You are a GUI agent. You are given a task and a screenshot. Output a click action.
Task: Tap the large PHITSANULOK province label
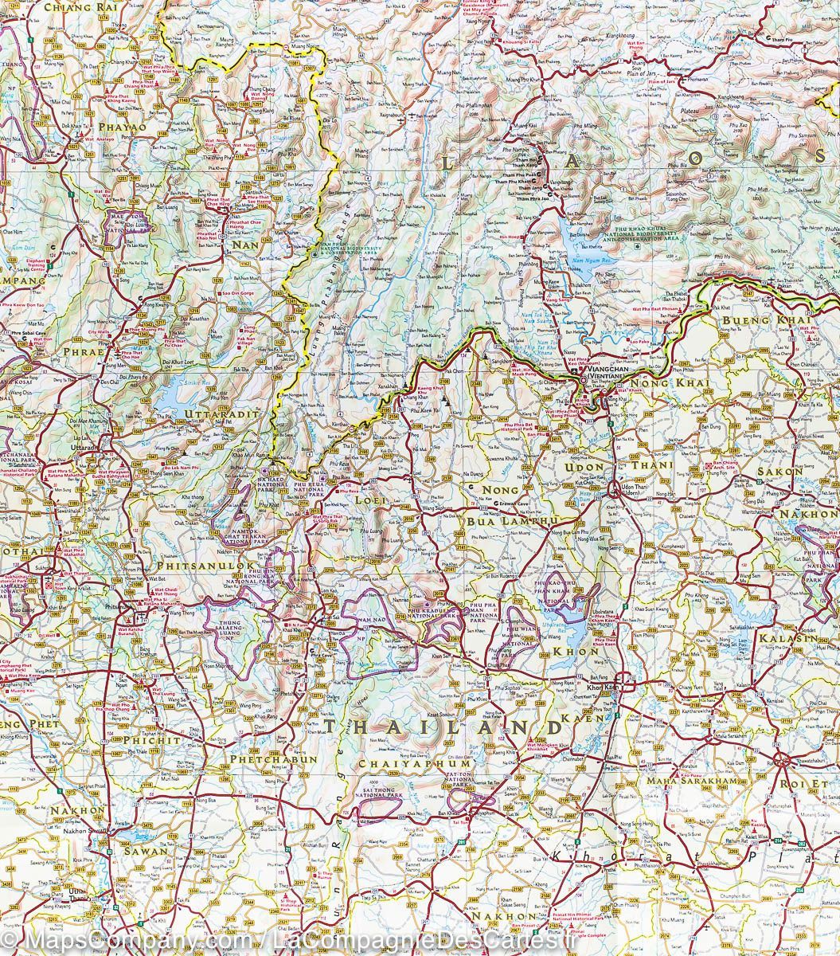coord(195,566)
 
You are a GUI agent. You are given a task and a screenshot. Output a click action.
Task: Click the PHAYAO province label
coord(123,127)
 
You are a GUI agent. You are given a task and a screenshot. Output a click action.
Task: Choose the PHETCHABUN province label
coord(273,759)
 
